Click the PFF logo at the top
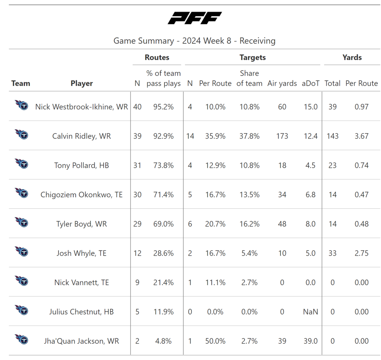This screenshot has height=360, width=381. pos(195,18)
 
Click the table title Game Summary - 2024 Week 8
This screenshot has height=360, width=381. pos(194,41)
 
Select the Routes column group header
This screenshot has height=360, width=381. pos(157,57)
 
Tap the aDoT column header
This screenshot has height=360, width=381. pos(311,83)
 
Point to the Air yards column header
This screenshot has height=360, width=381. pos(282,83)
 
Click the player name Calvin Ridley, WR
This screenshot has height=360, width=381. pos(81,136)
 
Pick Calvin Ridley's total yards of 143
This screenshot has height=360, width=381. pos(332,136)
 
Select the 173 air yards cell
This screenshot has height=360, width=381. pos(282,136)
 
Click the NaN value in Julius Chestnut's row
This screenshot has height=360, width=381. pos(311,312)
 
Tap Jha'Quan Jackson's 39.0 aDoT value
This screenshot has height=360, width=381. pos(311,341)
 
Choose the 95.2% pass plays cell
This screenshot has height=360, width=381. pos(164,107)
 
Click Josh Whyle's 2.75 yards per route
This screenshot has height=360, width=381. pos(361,253)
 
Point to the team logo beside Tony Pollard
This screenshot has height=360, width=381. pos(22,164)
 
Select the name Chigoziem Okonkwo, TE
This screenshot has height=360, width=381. pos(81,195)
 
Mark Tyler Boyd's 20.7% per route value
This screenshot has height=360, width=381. pos(215,224)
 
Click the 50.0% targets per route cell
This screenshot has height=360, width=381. pos(215,341)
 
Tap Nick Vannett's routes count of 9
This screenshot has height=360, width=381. pos(137,283)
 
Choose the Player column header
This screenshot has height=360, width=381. pos(81,83)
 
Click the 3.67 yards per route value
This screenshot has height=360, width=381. pos(361,136)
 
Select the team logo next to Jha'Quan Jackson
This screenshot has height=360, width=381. pos(22,340)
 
